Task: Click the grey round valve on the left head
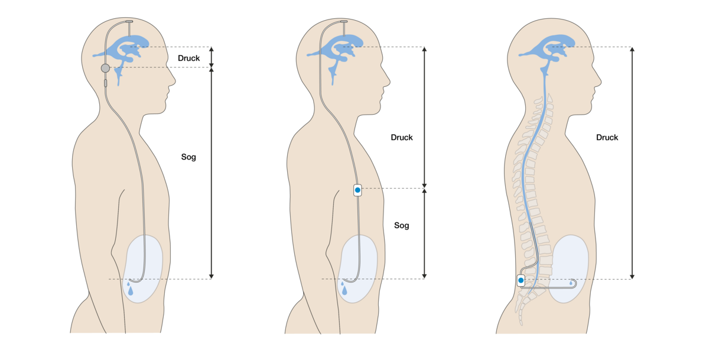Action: tap(105, 68)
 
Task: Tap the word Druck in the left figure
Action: tap(188, 59)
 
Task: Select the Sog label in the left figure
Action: tap(188, 157)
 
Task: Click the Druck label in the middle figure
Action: tap(402, 137)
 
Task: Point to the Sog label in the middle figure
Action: tap(402, 225)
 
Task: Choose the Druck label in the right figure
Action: tap(607, 137)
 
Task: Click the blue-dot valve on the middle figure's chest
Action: tap(357, 190)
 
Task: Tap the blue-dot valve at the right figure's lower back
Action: tap(521, 280)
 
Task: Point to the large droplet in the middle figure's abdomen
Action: tap(344, 290)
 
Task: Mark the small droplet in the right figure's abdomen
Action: tap(571, 283)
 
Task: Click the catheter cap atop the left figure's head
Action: tap(129, 21)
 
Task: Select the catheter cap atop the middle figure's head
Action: tap(344, 21)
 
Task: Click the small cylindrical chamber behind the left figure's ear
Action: tap(105, 83)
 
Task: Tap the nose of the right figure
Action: tap(597, 82)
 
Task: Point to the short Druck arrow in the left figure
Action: tap(212, 57)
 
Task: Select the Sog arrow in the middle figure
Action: tap(424, 233)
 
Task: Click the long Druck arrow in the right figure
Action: tap(632, 163)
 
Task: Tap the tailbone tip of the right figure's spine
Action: tap(521, 323)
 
